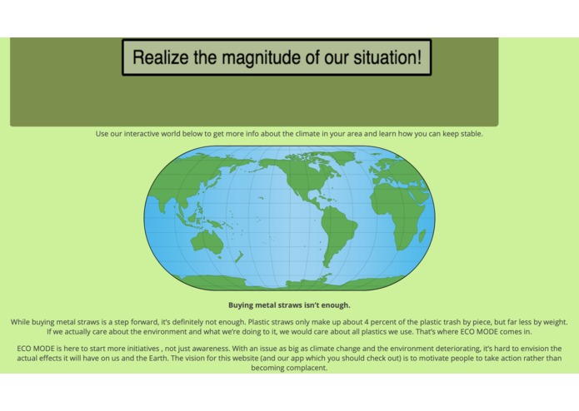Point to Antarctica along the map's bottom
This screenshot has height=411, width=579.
pyautogui.click(x=292, y=283)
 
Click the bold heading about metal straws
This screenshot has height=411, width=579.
pyautogui.click(x=289, y=305)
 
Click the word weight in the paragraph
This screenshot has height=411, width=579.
pyautogui.click(x=552, y=321)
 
